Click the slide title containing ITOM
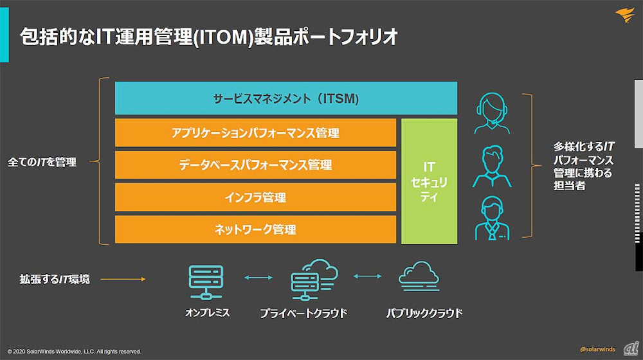(208, 37)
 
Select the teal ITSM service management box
(285, 98)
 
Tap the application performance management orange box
(255, 133)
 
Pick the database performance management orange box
(255, 165)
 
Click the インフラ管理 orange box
(255, 197)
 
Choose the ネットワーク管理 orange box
(255, 229)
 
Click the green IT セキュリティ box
(429, 181)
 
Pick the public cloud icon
(419, 276)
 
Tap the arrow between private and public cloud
(367, 276)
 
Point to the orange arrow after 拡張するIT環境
(123, 280)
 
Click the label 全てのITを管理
(42, 163)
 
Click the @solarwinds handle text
(597, 349)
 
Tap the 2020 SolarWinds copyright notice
(74, 352)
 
